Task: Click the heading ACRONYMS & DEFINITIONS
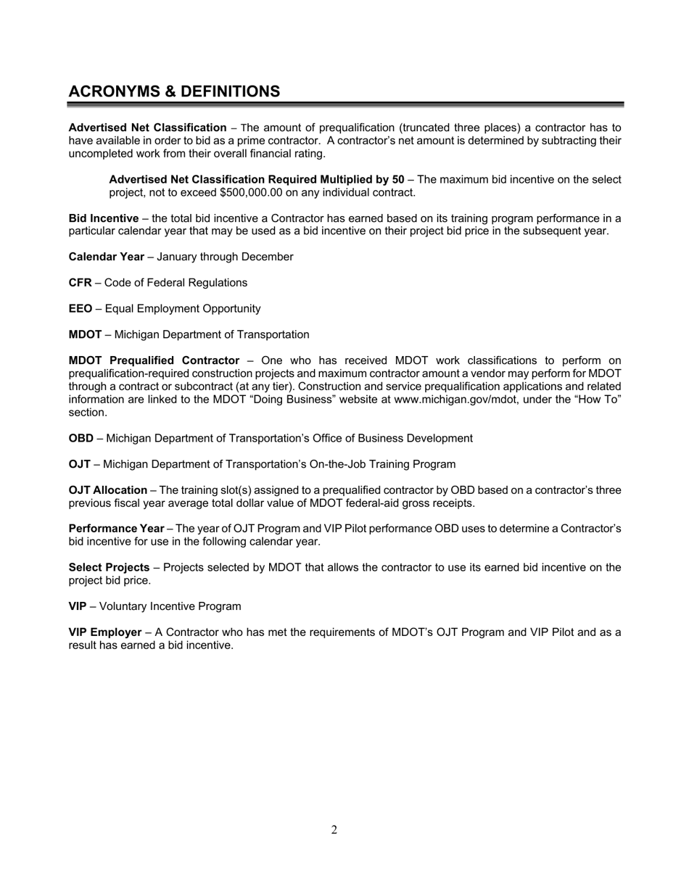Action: tap(174, 91)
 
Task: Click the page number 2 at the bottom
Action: tap(334, 830)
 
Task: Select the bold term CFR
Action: tap(80, 283)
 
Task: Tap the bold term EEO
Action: tap(81, 309)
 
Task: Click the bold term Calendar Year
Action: tap(106, 257)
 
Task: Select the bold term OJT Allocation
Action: tap(107, 490)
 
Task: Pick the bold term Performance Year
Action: tap(116, 529)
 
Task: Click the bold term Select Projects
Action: tap(109, 567)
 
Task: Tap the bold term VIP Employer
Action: tap(105, 632)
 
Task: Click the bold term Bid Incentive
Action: tap(103, 218)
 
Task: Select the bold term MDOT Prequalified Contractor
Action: tap(154, 360)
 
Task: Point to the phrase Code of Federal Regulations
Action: tap(176, 283)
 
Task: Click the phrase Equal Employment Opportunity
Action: tap(183, 309)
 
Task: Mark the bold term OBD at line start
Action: tap(81, 439)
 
